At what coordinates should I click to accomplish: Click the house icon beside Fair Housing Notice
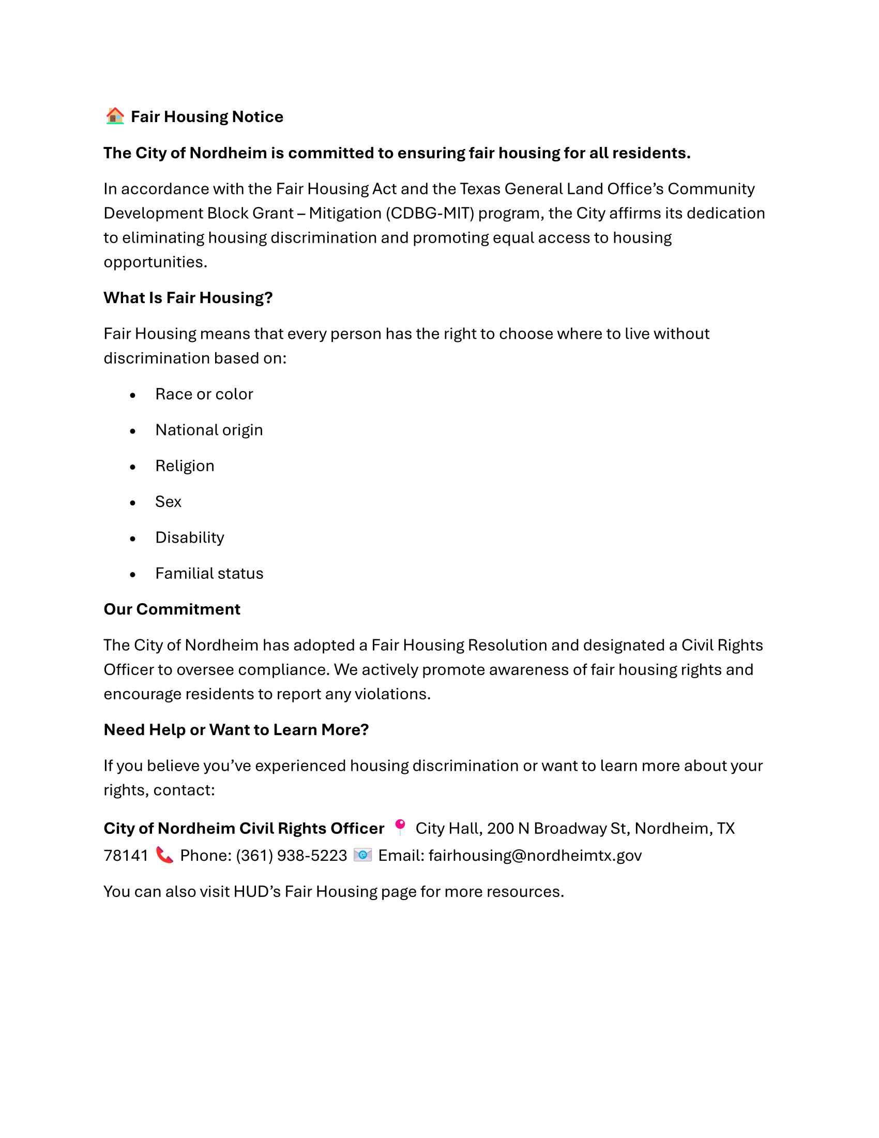click(x=115, y=116)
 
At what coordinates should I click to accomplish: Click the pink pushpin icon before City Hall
click(x=400, y=827)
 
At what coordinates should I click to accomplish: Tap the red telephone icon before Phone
click(x=164, y=855)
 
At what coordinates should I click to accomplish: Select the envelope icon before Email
click(x=362, y=855)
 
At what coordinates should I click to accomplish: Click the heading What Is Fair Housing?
click(x=188, y=297)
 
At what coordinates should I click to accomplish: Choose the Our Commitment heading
click(x=172, y=609)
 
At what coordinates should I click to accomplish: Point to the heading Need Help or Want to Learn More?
click(x=236, y=729)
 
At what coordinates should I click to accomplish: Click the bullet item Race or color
click(x=204, y=394)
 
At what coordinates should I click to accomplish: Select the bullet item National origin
click(x=209, y=430)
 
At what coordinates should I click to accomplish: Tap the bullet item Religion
click(x=185, y=466)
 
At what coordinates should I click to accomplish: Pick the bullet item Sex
click(x=168, y=502)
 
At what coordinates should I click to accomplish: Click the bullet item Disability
click(x=190, y=537)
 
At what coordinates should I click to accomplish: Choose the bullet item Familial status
click(x=209, y=573)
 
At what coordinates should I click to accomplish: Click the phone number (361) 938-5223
click(x=291, y=856)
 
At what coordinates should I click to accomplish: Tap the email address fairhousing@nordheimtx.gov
click(x=535, y=856)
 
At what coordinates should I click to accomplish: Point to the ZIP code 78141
click(x=126, y=856)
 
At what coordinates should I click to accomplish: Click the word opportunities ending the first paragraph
click(x=155, y=262)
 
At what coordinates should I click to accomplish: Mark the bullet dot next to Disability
click(x=133, y=539)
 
